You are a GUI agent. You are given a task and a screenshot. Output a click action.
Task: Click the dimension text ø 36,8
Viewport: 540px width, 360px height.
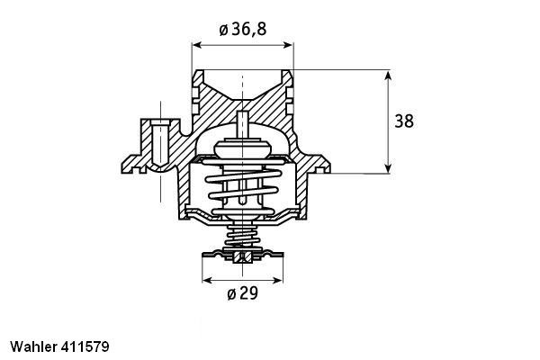[243, 29]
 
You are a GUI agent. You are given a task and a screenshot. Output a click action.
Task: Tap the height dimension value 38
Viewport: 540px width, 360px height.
[404, 120]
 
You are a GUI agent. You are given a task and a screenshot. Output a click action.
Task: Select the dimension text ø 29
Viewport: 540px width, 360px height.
[242, 293]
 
